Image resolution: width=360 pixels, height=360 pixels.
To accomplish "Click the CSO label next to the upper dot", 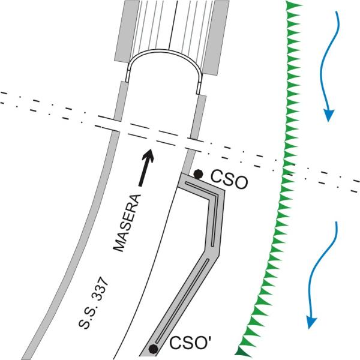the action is [229, 180].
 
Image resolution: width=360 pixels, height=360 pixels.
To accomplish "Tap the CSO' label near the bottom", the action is [191, 343].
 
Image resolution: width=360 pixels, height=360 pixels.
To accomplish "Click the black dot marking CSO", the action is [198, 174].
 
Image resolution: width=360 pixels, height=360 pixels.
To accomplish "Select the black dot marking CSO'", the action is [153, 349].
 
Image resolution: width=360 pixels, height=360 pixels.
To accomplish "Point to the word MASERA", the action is [127, 223].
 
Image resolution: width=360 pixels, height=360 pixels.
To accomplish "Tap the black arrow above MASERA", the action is [146, 167].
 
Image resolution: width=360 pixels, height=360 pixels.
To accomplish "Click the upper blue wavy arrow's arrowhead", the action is [329, 115].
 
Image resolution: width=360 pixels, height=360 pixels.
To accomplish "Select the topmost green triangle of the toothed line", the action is [293, 5].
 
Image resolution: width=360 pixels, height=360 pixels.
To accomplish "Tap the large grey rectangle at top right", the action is [216, 37].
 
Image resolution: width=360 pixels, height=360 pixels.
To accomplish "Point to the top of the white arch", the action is [165, 50].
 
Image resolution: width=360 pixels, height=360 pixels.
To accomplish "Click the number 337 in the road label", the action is [101, 288].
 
